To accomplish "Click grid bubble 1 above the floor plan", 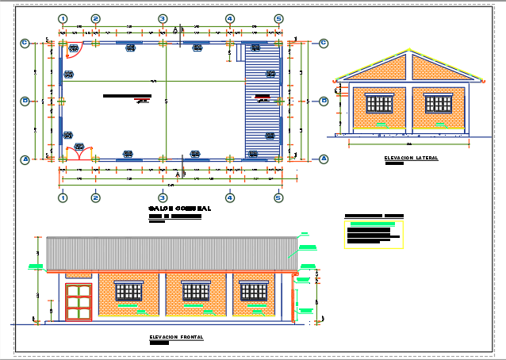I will pyautogui.click(x=62, y=18).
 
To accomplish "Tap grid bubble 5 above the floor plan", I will pyautogui.click(x=278, y=18).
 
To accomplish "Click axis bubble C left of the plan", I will pyautogui.click(x=25, y=43).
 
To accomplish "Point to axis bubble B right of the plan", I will pyautogui.click(x=324, y=101).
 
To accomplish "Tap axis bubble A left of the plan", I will pyautogui.click(x=25, y=159).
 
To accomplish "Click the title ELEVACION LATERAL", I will pyautogui.click(x=411, y=158).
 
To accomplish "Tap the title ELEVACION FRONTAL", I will pyautogui.click(x=176, y=337).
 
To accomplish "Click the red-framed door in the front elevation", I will pyautogui.click(x=79, y=302).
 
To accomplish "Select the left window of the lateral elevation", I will pyautogui.click(x=378, y=103).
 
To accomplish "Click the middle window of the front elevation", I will pyautogui.click(x=195, y=291).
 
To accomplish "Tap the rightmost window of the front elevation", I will pyautogui.click(x=255, y=291).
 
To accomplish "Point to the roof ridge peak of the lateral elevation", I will pyautogui.click(x=410, y=52).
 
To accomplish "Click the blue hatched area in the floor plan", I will pyautogui.click(x=263, y=101).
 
